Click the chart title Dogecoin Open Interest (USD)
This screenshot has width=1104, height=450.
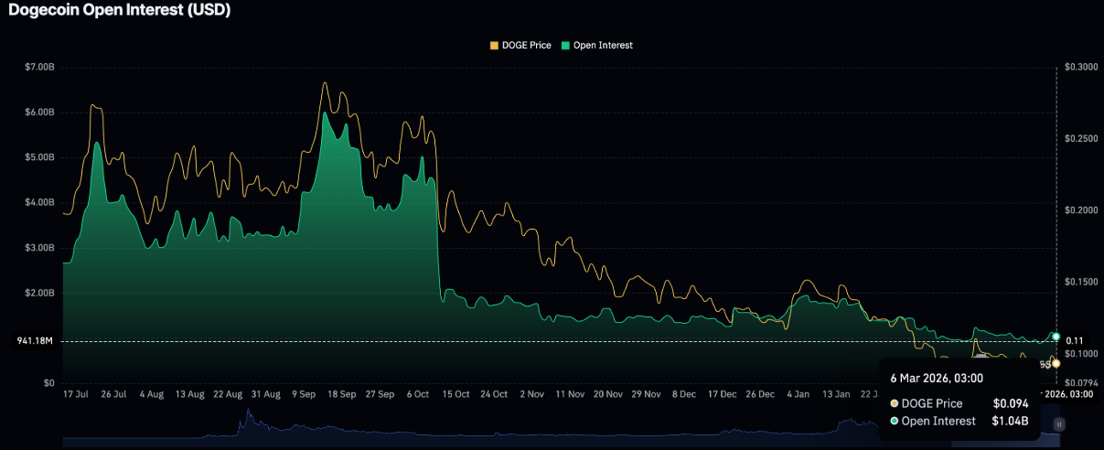[119, 11]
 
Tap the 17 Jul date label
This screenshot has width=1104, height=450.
[75, 394]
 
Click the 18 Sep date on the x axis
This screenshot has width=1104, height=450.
[341, 394]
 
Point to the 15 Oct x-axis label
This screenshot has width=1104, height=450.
[456, 394]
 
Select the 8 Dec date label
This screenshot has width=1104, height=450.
[684, 394]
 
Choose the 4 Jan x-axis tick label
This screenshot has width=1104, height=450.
[798, 394]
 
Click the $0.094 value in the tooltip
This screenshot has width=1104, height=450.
[1011, 403]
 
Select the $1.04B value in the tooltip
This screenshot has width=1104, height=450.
[1011, 421]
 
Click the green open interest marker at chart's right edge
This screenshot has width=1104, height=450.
[1056, 337]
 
